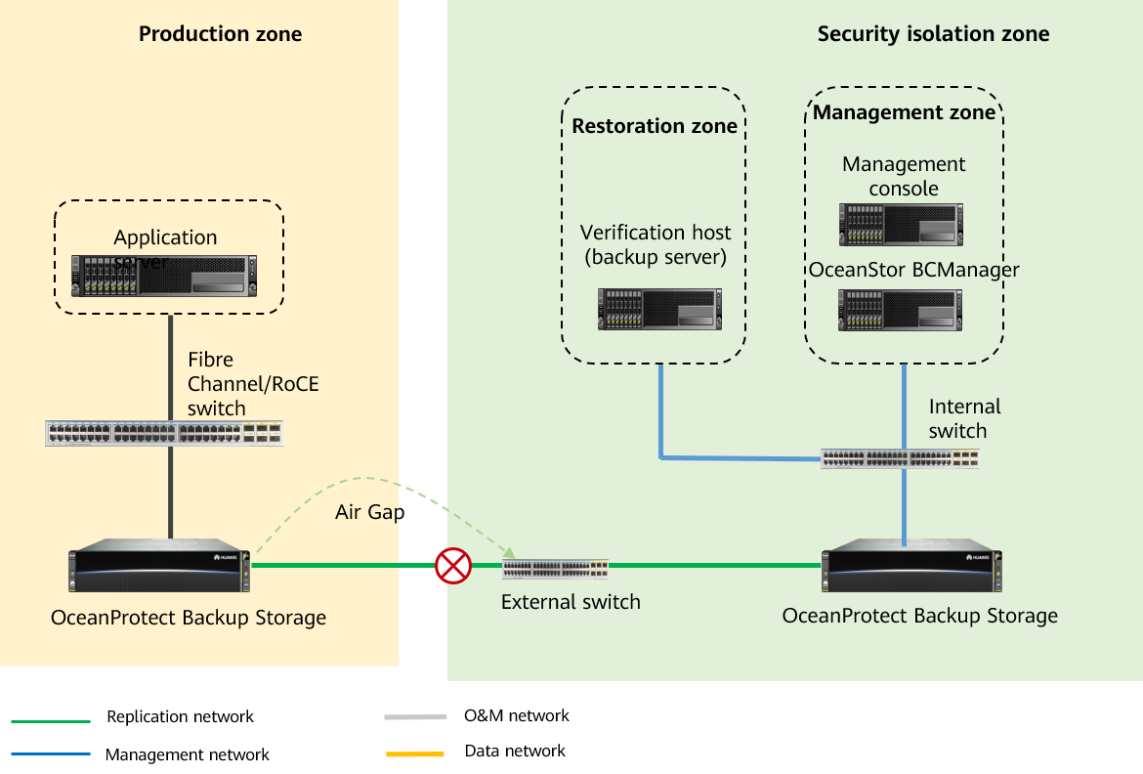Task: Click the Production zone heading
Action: click(x=220, y=34)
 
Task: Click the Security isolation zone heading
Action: click(x=933, y=34)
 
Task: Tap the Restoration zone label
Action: click(x=655, y=126)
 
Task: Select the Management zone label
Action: click(x=904, y=112)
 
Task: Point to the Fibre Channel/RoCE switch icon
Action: click(x=164, y=433)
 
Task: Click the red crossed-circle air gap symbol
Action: click(x=453, y=565)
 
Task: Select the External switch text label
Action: click(x=571, y=602)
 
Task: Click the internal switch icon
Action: click(x=900, y=458)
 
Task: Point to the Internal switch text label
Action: click(x=964, y=418)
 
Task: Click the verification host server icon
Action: click(x=660, y=309)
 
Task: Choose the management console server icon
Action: click(x=901, y=224)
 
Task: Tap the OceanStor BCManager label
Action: click(x=913, y=270)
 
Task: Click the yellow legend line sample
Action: click(x=415, y=754)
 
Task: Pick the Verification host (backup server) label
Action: click(x=655, y=244)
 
